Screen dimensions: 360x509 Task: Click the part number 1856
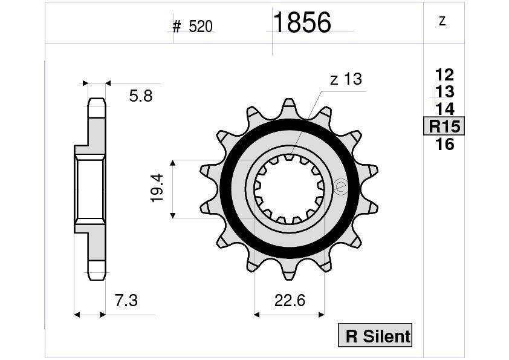point(302,23)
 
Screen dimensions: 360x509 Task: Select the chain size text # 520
point(192,27)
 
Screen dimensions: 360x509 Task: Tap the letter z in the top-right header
point(443,21)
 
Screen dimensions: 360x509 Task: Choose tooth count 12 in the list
point(444,75)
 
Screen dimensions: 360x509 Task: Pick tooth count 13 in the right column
point(444,92)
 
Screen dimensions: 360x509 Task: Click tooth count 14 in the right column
point(444,109)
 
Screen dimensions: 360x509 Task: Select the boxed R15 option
point(444,126)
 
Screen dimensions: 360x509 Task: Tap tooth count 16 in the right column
point(444,144)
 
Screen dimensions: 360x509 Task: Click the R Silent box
point(375,335)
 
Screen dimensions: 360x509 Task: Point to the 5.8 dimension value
point(140,96)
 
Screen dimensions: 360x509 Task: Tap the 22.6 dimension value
point(288,300)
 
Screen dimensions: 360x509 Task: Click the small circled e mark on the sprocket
point(340,187)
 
